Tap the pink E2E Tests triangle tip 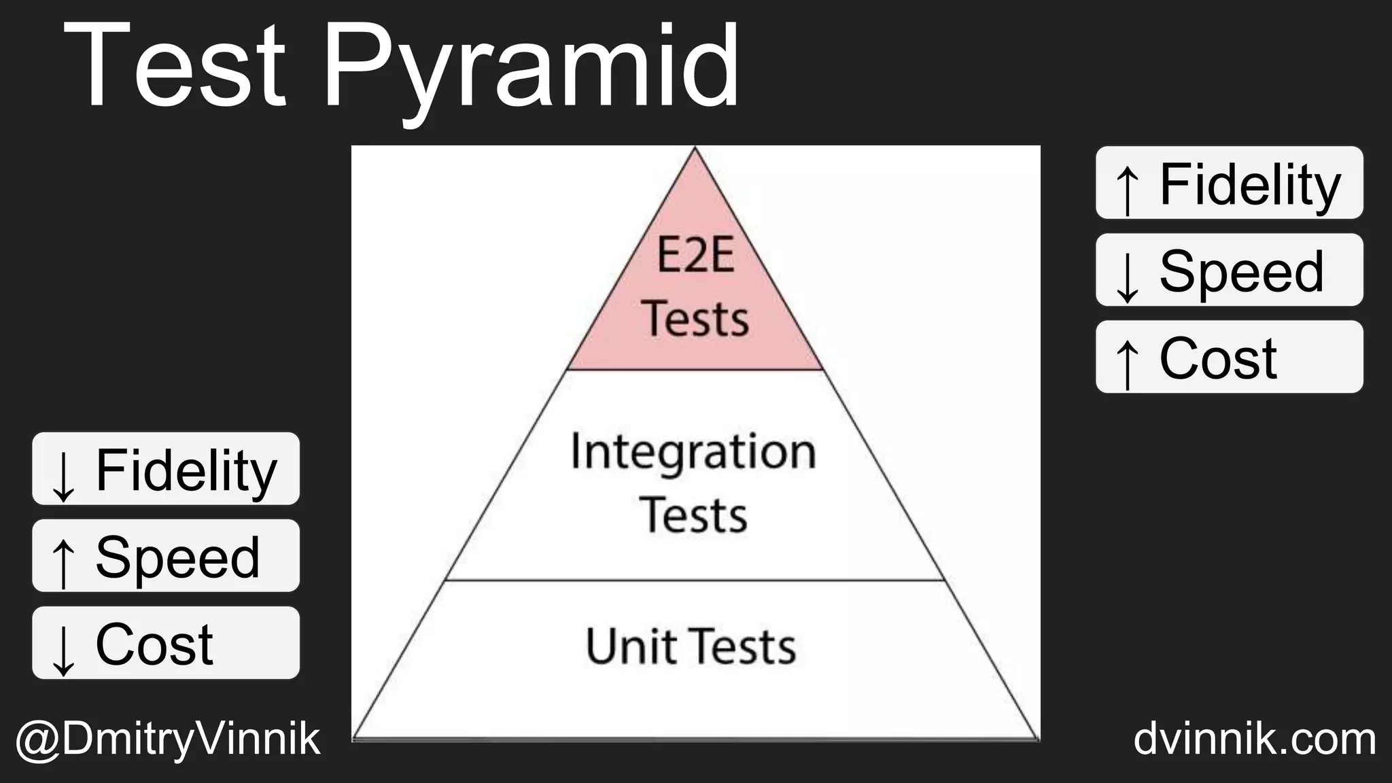click(x=695, y=285)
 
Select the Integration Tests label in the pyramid click(x=693, y=482)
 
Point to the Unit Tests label click(x=691, y=646)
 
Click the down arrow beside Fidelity click(x=63, y=476)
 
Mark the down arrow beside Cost click(x=63, y=650)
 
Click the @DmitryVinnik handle click(x=167, y=739)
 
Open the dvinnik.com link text click(x=1255, y=739)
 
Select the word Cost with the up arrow click(x=1218, y=358)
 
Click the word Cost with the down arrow click(x=154, y=644)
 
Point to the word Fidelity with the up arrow click(x=1250, y=184)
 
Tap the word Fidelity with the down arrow click(x=186, y=470)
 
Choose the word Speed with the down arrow click(x=1241, y=271)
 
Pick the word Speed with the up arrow click(x=177, y=557)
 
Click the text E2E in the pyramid click(x=695, y=256)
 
